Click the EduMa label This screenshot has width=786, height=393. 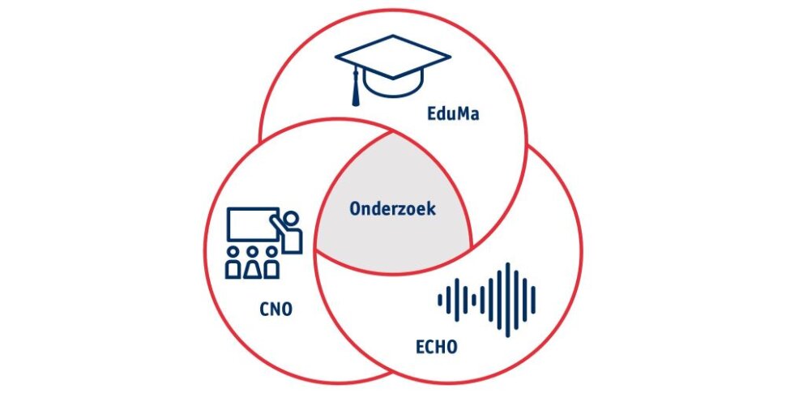453,113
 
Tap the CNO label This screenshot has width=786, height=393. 276,310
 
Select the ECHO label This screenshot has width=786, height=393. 437,347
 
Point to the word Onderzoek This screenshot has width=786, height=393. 392,208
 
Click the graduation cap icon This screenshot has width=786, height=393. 392,70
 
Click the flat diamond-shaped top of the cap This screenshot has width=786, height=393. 392,56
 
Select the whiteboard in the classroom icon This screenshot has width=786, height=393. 253,224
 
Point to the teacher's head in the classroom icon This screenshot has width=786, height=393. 290,219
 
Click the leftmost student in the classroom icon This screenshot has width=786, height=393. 233,263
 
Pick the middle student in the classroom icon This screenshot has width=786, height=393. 252,263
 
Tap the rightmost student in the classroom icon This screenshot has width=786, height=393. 271,263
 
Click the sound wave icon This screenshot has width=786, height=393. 486,299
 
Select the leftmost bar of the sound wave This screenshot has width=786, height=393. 440,300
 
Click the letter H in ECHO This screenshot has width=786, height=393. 441,347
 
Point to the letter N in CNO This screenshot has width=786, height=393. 276,310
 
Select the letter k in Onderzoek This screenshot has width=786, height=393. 432,208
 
